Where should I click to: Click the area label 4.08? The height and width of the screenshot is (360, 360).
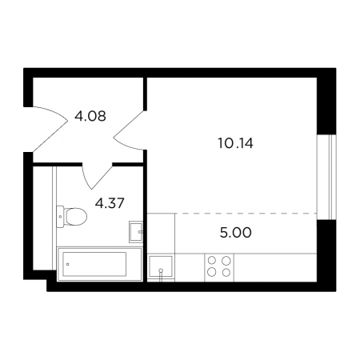point(90,116)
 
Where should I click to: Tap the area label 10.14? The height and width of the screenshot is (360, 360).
point(235,143)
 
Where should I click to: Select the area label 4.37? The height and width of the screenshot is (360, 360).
point(110,203)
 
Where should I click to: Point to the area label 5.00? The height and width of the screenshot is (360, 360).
point(236,233)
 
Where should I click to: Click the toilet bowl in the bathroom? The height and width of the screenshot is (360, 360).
point(76,216)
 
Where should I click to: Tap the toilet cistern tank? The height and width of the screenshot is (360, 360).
point(60,216)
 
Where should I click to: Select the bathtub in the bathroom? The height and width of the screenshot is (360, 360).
point(100,264)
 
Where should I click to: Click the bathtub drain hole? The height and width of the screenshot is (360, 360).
point(68,264)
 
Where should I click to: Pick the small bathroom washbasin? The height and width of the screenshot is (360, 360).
point(136,231)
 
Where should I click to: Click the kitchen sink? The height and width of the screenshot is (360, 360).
point(161,266)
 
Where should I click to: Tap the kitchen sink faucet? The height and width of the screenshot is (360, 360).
point(161,274)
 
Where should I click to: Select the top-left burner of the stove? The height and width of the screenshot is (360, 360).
point(212,260)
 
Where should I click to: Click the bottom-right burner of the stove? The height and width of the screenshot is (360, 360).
point(226,272)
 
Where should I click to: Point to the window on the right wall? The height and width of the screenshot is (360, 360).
point(326,177)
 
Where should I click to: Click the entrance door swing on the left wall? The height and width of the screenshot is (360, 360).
point(50,129)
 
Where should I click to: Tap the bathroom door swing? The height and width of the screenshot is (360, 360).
point(98,176)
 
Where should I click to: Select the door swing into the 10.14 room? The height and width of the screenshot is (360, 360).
point(130,130)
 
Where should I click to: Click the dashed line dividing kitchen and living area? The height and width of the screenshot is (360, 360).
point(246,214)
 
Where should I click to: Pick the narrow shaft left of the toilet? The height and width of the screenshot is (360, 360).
point(42,218)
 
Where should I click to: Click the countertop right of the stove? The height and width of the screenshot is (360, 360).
point(275,267)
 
